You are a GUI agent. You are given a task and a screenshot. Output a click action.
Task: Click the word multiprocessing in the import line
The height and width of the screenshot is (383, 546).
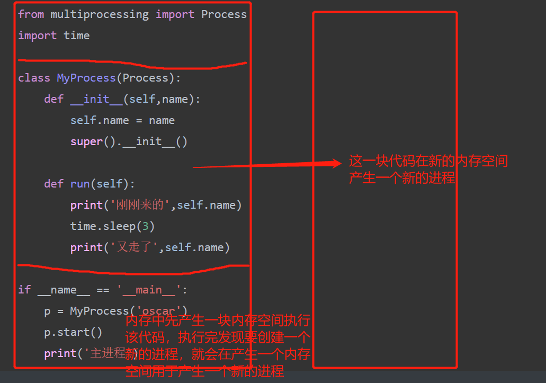(100, 14)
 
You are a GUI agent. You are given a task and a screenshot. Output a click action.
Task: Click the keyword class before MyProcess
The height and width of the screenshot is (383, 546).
(34, 78)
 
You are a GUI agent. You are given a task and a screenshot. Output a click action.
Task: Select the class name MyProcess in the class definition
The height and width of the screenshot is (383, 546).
(86, 78)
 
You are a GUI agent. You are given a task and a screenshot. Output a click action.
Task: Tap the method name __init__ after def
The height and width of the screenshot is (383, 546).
(96, 99)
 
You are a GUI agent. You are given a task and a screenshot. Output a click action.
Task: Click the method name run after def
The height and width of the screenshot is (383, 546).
(80, 184)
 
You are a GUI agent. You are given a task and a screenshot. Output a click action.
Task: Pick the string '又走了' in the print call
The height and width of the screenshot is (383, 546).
(135, 247)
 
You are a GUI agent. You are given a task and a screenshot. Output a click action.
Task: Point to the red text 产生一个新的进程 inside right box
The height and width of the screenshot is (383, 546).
(401, 179)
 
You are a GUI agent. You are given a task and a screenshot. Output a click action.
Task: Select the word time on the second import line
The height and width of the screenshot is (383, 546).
(77, 35)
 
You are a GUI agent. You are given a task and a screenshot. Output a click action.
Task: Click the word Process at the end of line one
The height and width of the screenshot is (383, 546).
(223, 14)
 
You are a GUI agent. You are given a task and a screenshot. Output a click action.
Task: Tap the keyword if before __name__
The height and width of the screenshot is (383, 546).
(24, 290)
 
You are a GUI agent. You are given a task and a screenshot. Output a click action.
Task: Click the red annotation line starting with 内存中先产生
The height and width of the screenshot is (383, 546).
(218, 320)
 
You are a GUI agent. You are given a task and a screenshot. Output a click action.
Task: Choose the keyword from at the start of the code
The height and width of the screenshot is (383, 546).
(31, 14)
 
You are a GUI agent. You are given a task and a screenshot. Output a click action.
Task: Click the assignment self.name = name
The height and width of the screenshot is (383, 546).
(122, 120)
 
